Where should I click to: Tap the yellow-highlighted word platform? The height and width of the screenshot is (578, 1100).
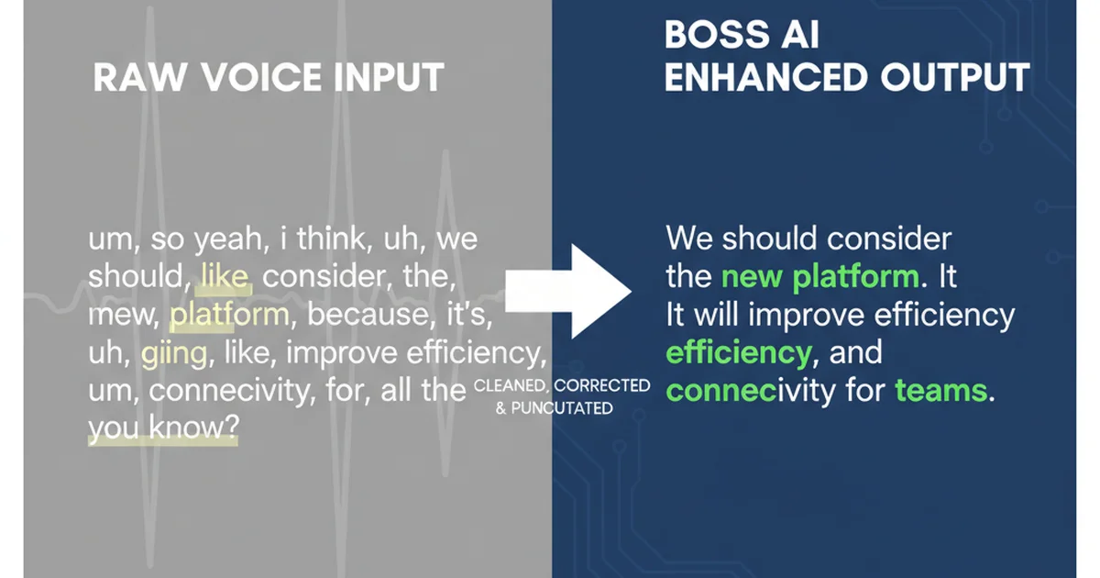tap(229, 316)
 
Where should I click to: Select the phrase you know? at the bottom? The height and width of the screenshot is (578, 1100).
tap(163, 429)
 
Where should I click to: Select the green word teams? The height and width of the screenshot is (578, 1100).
tap(941, 392)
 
